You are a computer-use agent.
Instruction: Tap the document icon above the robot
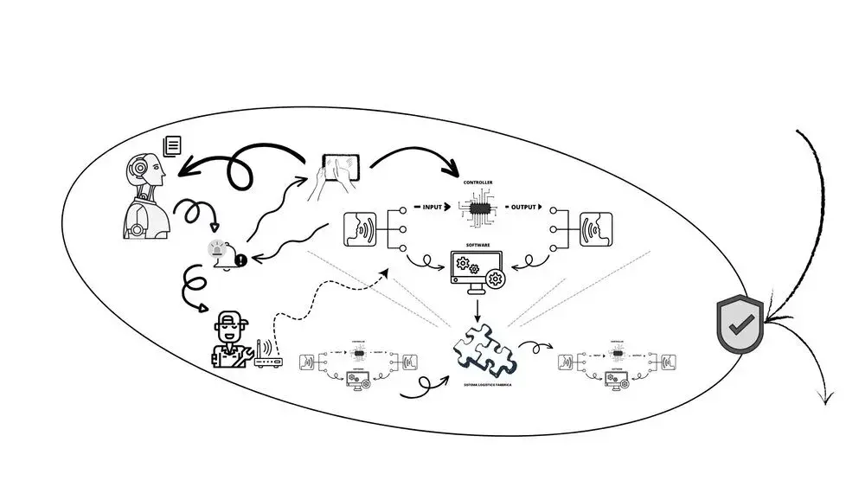172,145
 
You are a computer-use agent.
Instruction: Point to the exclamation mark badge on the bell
240,259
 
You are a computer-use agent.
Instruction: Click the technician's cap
227,322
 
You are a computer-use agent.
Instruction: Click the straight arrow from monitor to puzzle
477,307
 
